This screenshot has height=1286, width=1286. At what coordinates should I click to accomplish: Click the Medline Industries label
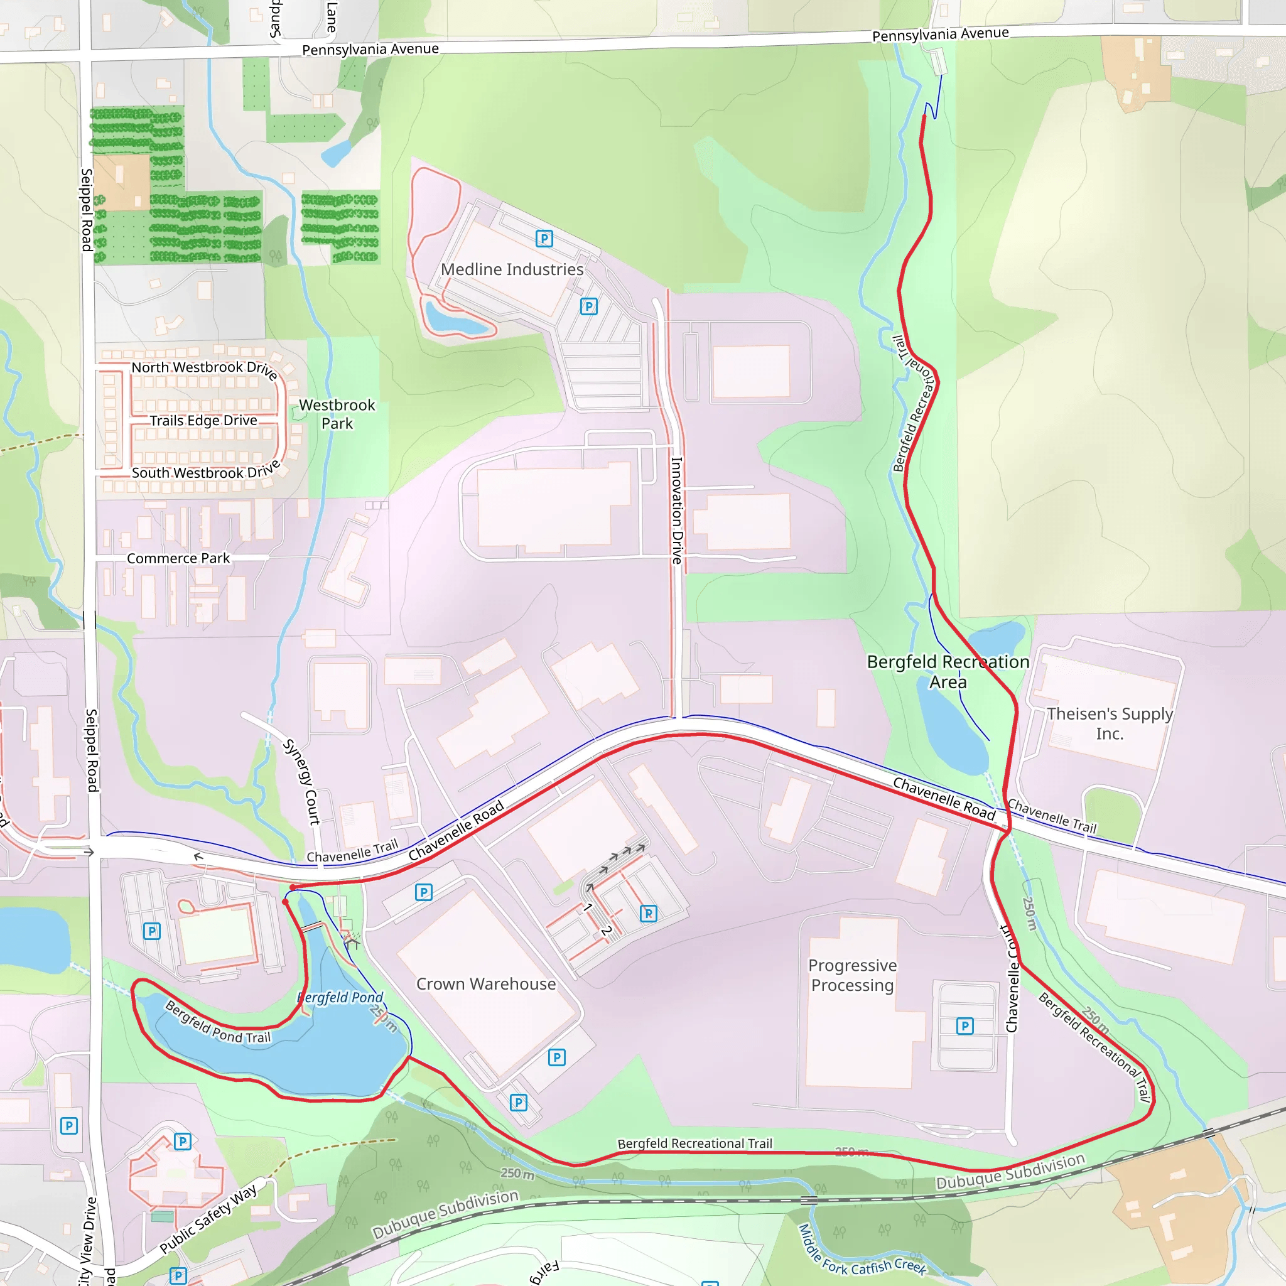pos(512,269)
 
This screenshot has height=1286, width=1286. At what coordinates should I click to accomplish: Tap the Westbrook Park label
pos(337,414)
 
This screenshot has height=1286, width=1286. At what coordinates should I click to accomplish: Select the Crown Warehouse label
pos(486,984)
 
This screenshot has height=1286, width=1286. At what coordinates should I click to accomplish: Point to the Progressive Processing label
pos(852,975)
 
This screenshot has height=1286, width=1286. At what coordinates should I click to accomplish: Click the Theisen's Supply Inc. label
pos(1110,723)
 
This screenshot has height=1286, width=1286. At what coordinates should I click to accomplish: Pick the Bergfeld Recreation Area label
pos(948,672)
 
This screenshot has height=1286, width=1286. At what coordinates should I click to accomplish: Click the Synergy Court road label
pos(302,782)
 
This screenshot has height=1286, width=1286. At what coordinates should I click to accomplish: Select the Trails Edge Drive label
pos(203,421)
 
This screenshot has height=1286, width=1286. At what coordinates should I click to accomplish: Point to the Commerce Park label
pos(178,558)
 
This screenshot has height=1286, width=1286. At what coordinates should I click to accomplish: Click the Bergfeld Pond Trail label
pos(218,1022)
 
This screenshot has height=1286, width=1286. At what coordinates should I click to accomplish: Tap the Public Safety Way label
pos(208,1219)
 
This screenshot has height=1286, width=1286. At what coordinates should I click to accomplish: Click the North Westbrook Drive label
pos(204,368)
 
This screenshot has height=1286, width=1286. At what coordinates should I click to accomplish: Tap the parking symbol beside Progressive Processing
pos(964,1026)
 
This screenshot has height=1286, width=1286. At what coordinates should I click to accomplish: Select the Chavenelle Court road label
pos(1011,978)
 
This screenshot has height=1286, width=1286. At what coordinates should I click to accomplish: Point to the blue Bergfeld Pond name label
pos(340,997)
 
